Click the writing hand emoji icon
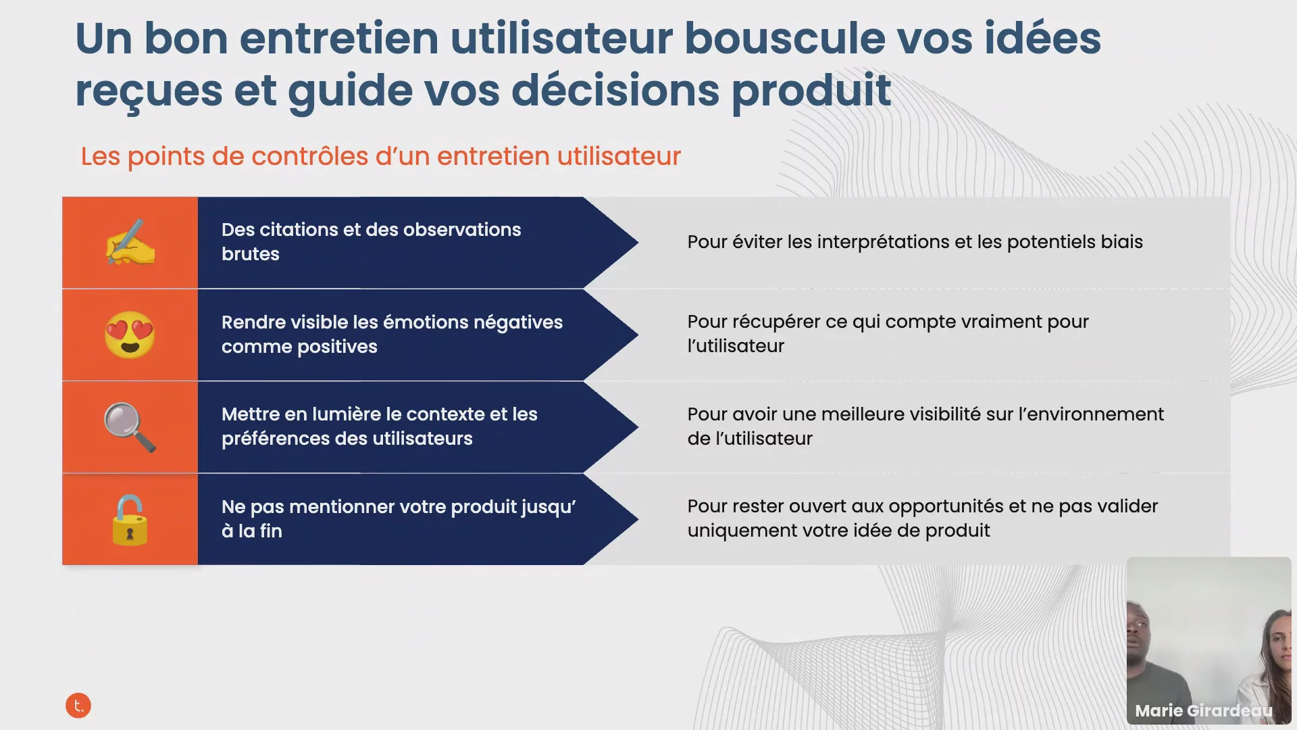130,241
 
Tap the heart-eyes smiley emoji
130,335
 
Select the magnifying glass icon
130,427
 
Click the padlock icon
130,519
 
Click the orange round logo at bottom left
78,706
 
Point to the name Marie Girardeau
1204,710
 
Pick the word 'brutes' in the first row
251,254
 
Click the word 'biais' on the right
1122,242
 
